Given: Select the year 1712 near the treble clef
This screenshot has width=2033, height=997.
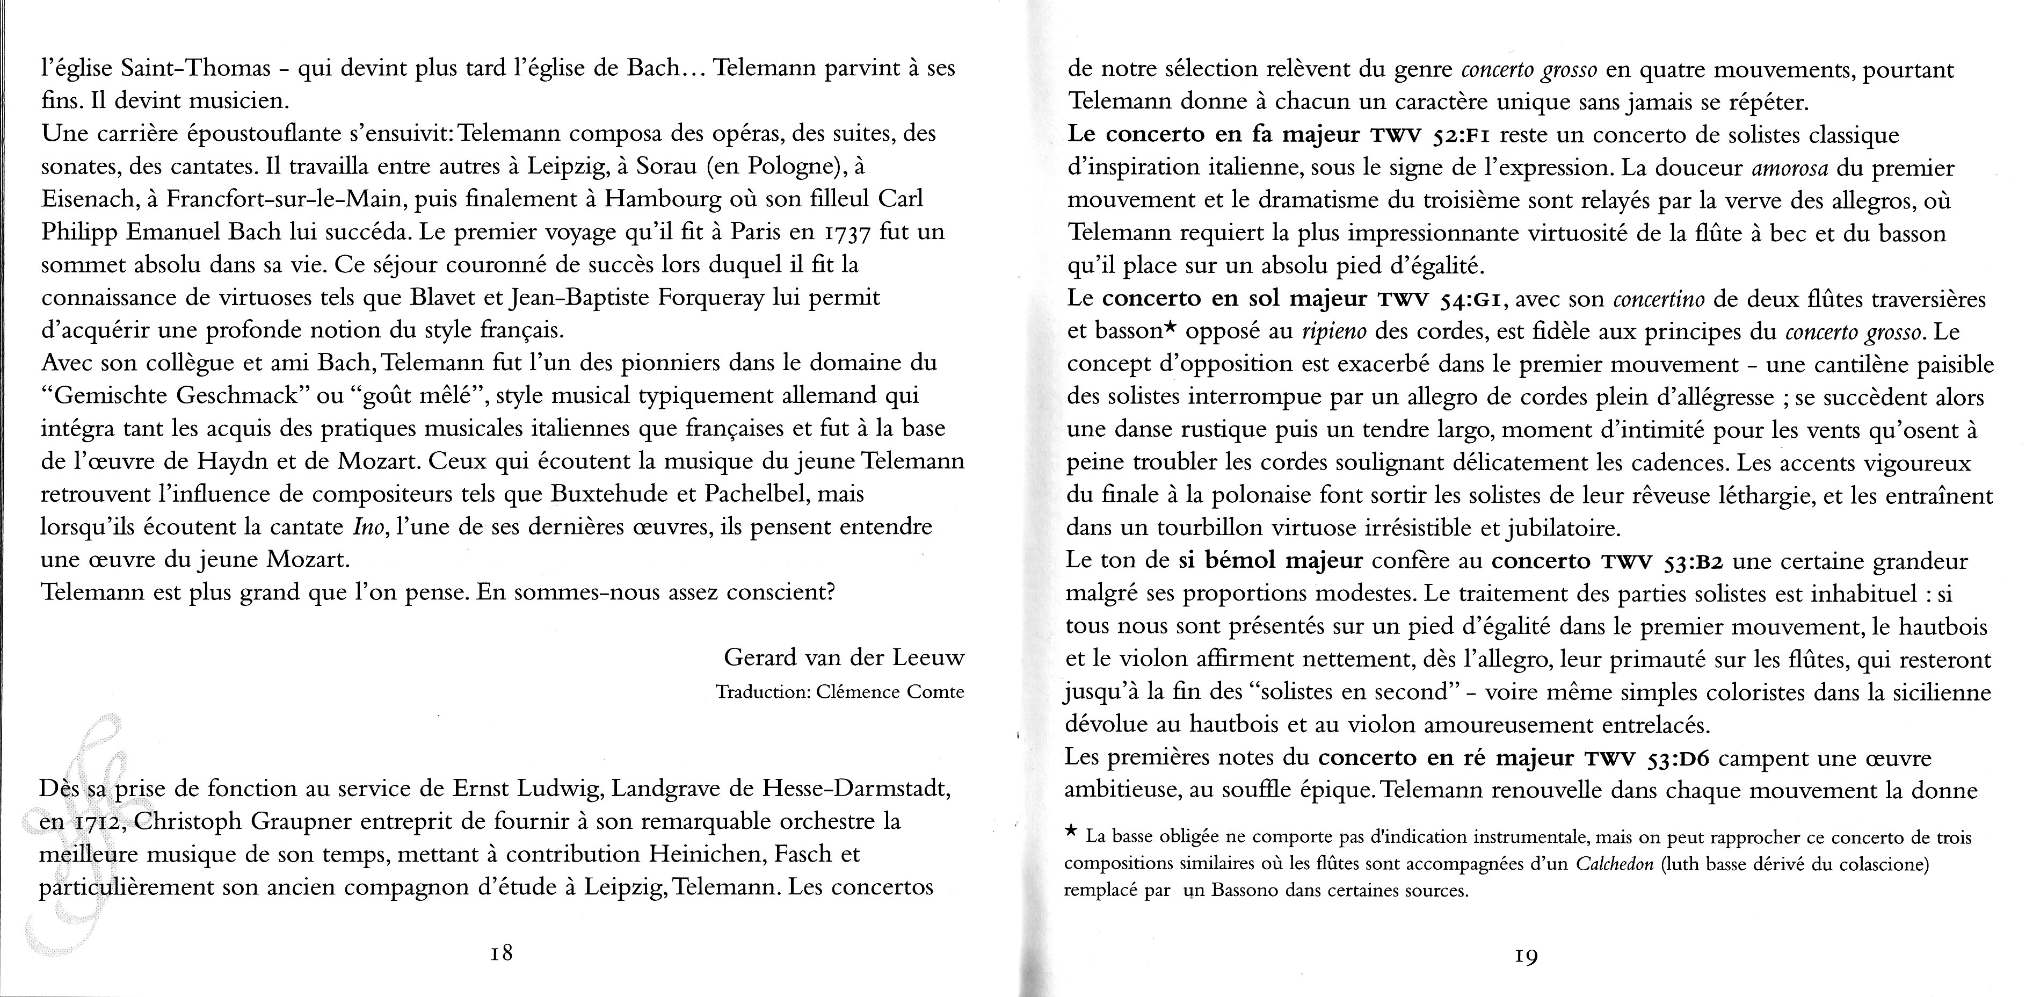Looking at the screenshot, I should pos(96,822).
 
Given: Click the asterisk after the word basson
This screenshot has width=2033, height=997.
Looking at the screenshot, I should pos(1171,328).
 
